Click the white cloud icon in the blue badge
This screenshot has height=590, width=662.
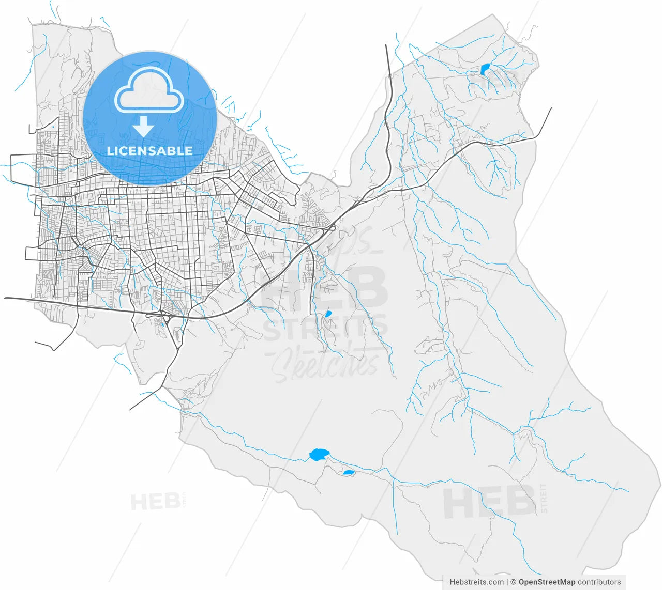[149, 91]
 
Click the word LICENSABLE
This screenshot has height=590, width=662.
[149, 151]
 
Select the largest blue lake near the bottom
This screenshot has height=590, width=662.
[319, 455]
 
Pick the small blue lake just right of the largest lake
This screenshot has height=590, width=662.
[349, 472]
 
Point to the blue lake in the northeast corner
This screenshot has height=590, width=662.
[485, 69]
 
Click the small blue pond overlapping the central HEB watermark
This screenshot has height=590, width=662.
[327, 314]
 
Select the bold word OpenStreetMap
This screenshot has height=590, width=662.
[547, 582]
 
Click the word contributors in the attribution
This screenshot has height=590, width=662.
[599, 582]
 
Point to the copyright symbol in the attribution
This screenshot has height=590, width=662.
[513, 582]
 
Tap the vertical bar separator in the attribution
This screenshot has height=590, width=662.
[507, 582]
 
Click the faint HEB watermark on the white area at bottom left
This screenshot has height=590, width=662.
[155, 502]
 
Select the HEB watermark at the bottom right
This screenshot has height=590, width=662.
[489, 503]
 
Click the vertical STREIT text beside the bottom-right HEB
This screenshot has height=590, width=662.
[543, 499]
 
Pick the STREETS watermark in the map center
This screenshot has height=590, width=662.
[326, 328]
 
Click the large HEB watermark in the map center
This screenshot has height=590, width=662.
[326, 288]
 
